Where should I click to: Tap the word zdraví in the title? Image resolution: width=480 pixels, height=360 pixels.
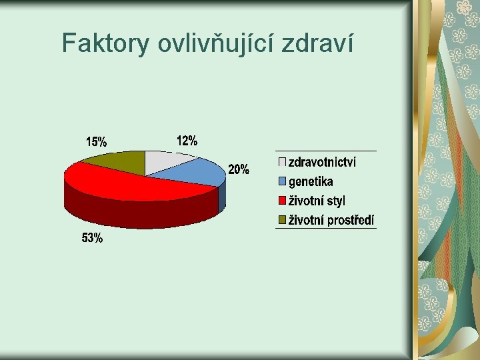pyautogui.click(x=319, y=43)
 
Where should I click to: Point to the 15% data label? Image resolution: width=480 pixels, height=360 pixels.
pyautogui.click(x=97, y=141)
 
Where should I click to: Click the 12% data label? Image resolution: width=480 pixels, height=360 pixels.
pyautogui.click(x=187, y=141)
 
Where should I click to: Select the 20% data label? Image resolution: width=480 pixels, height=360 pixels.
pyautogui.click(x=239, y=169)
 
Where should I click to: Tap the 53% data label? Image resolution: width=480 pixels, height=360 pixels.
pyautogui.click(x=92, y=238)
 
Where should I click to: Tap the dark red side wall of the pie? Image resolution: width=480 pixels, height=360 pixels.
pyautogui.click(x=133, y=213)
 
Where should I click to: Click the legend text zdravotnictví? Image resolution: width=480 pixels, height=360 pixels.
pyautogui.click(x=322, y=162)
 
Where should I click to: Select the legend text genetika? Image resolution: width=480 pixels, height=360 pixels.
pyautogui.click(x=311, y=181)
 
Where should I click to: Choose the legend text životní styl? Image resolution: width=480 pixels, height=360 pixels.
pyautogui.click(x=317, y=201)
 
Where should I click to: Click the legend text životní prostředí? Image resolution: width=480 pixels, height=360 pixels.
pyautogui.click(x=331, y=220)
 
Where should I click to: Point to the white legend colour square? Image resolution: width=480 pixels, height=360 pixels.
pyautogui.click(x=282, y=162)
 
